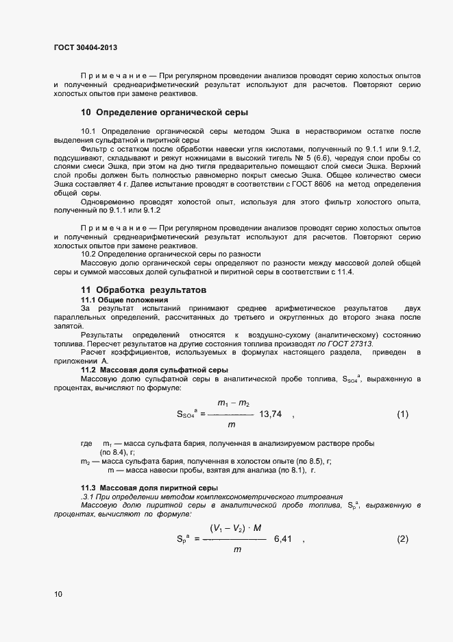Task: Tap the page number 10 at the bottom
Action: [x=58, y=595]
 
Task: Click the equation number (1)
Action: [x=402, y=414]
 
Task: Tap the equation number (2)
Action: [x=402, y=539]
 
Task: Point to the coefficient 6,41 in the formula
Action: [x=283, y=539]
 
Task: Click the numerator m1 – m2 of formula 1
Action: [x=233, y=403]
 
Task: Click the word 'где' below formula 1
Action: [x=86, y=444]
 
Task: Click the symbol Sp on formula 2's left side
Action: [x=183, y=539]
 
